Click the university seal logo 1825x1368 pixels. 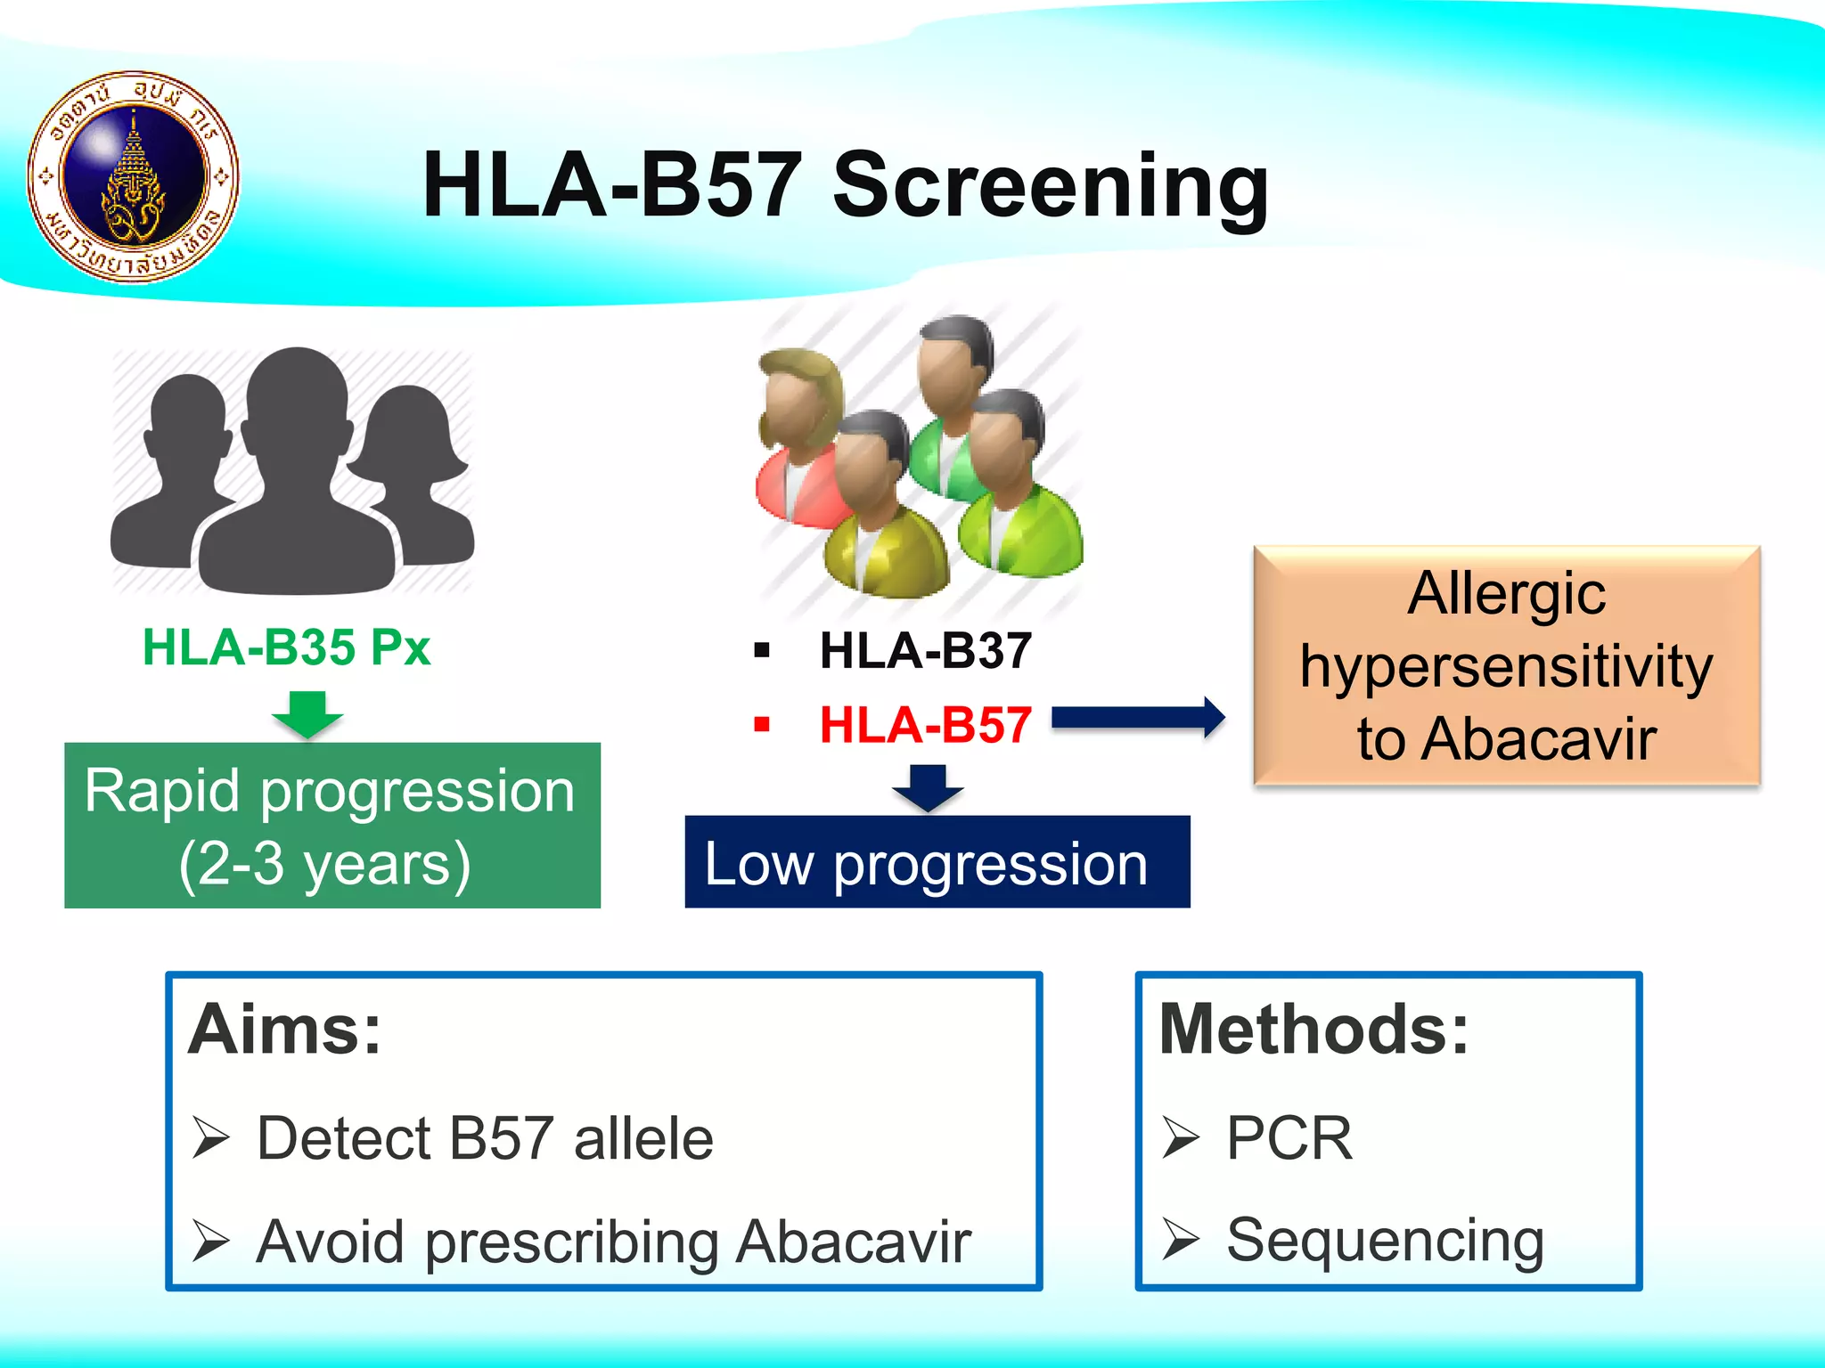tap(134, 177)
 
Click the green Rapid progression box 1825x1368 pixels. tap(331, 826)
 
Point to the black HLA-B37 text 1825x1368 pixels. tap(925, 650)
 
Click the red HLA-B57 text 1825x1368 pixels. tap(925, 725)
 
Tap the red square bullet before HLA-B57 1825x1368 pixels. tap(761, 724)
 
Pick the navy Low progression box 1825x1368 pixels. tap(937, 862)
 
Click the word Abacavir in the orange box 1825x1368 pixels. tap(1538, 739)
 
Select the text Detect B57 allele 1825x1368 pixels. tap(485, 1138)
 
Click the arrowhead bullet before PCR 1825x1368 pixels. tap(1180, 1138)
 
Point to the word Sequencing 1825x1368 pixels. tap(1385, 1240)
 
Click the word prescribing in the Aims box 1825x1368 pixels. tap(571, 1242)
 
